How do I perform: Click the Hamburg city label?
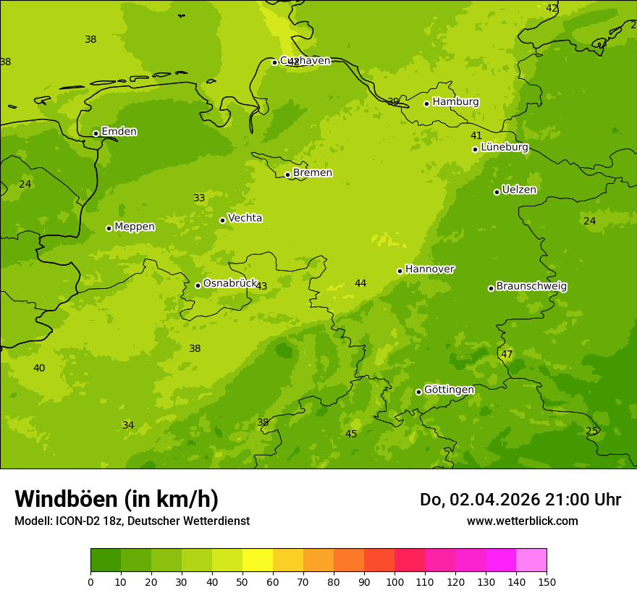point(455,102)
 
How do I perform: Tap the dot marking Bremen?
point(287,175)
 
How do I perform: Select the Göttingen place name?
point(449,390)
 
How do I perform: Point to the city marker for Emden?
point(96,133)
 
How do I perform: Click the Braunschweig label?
point(531,286)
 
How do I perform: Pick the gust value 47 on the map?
point(507,354)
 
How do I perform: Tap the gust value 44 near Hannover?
point(360,283)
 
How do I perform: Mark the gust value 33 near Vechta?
point(199,198)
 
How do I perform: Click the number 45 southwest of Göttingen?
point(351,434)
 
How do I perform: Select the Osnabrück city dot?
point(198,285)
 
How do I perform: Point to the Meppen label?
point(135,227)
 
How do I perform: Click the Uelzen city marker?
point(497,192)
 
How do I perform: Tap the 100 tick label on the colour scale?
point(395,581)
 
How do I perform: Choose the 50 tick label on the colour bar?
point(242,581)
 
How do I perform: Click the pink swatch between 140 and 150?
point(531,560)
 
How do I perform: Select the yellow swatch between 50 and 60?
point(258,560)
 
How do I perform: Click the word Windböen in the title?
point(66,499)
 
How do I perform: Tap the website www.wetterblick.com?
point(522,521)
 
